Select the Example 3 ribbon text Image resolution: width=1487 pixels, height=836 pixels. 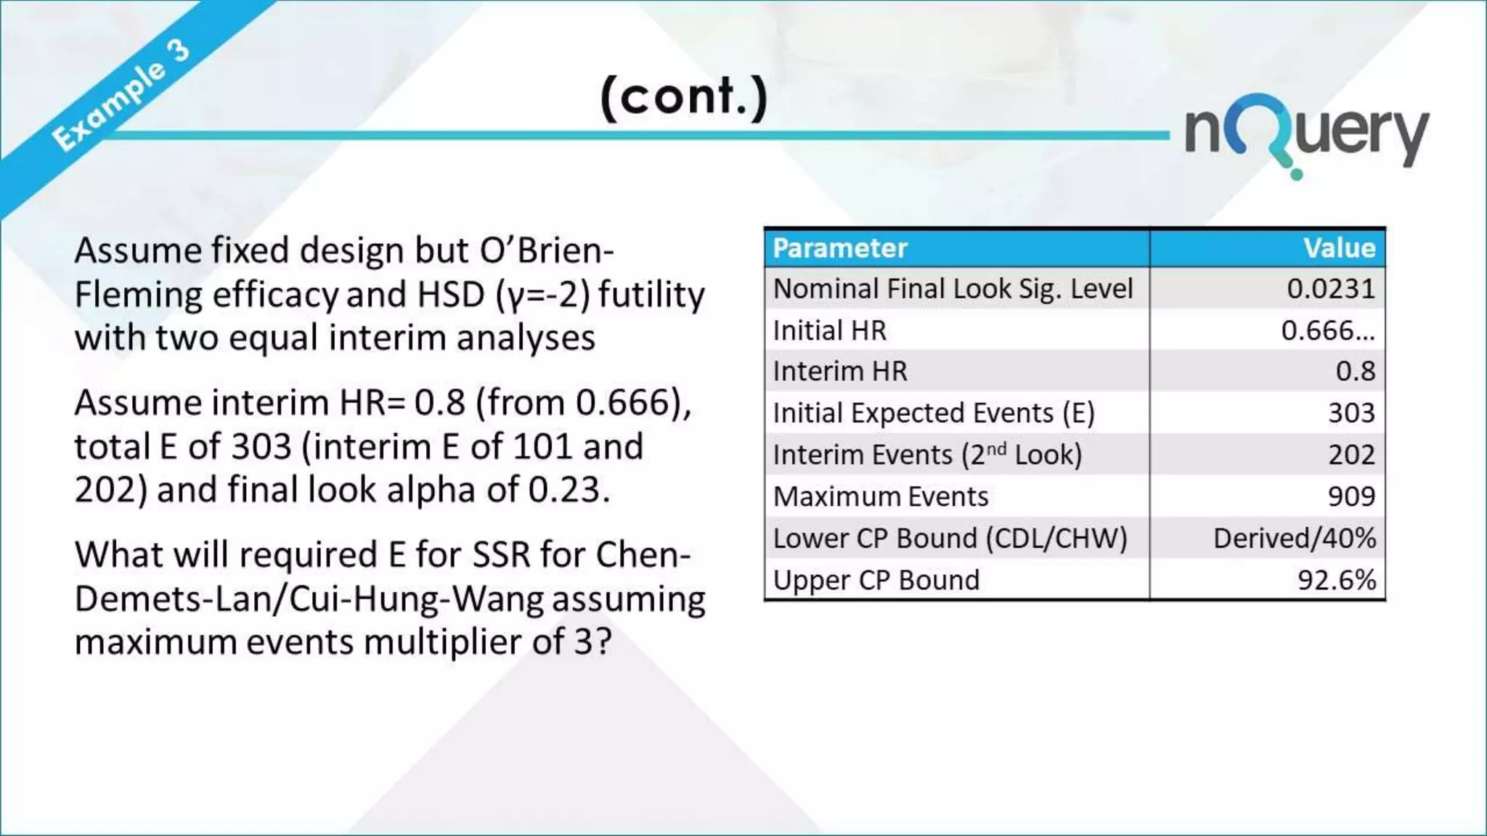tap(121, 94)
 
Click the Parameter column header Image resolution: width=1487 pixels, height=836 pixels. tap(840, 248)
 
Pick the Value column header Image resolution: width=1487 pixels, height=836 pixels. tap(1339, 248)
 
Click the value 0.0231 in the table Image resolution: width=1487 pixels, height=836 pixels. tap(1330, 290)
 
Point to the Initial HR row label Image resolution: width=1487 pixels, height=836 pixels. tap(830, 331)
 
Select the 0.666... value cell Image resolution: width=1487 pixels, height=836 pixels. tap(1327, 331)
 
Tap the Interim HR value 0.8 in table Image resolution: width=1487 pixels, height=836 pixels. tap(1355, 372)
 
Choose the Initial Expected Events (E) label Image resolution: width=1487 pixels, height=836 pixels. tap(934, 413)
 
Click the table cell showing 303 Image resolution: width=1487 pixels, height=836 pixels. tap(1351, 413)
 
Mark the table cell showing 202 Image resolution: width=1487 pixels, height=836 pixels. tap(1351, 455)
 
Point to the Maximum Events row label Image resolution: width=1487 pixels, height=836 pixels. tap(881, 497)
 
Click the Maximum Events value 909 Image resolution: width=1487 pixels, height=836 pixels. tap(1351, 496)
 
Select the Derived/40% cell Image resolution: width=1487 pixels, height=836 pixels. tap(1294, 538)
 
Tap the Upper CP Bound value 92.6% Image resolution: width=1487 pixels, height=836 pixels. tap(1337, 581)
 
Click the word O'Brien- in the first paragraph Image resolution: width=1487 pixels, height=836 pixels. tap(547, 250)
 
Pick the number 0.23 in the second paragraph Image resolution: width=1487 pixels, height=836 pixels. tap(563, 490)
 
